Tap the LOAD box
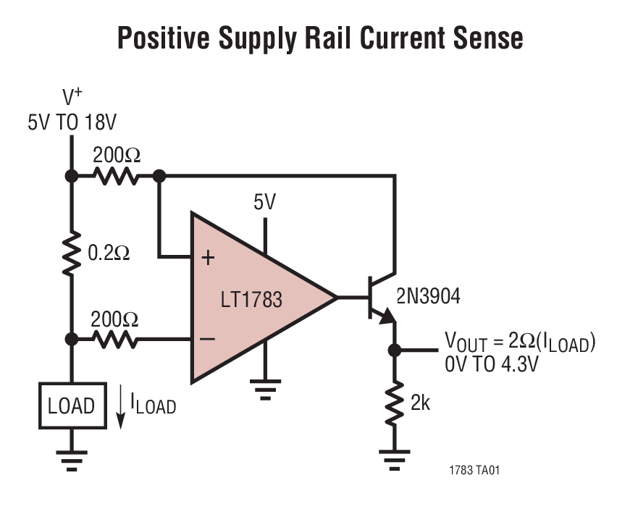(71, 406)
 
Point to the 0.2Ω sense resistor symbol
(72, 254)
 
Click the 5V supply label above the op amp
(264, 202)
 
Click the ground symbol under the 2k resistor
(395, 456)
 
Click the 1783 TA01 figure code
(474, 471)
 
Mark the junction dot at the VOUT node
(395, 351)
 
